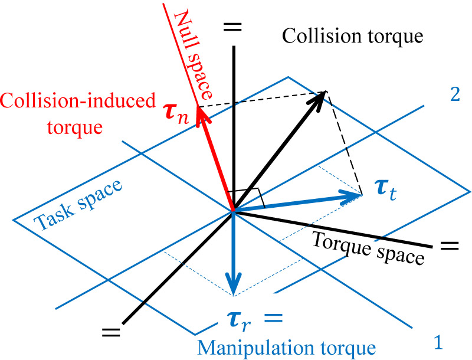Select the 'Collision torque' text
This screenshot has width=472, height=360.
[x=352, y=37]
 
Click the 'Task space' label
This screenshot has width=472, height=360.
[x=78, y=205]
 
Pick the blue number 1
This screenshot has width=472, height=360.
[x=438, y=341]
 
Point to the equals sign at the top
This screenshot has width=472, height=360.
[x=234, y=27]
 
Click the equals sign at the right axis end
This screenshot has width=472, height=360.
[x=449, y=244]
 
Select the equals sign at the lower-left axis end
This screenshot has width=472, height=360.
[x=110, y=332]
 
